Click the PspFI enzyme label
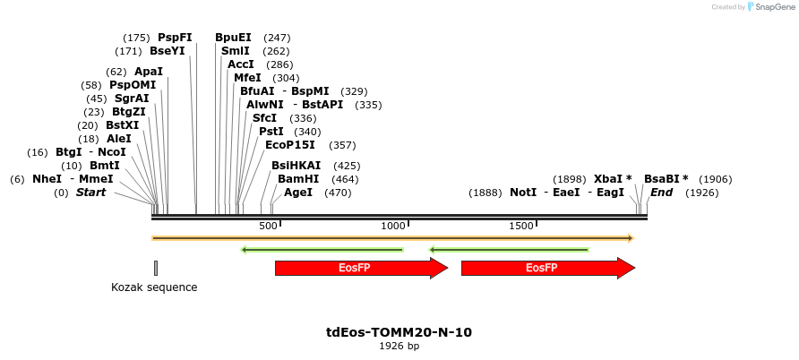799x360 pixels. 175,38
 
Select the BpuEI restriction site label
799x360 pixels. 233,38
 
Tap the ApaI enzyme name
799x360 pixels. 149,72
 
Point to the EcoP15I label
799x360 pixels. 290,145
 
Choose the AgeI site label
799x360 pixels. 298,193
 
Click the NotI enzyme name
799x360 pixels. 523,193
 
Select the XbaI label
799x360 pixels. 609,179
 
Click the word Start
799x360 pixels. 90,193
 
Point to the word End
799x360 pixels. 661,193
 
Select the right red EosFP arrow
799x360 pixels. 547,268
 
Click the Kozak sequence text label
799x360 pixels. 154,287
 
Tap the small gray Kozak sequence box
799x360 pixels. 156,268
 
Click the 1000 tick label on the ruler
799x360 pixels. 394,227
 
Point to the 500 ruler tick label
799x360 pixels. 268,227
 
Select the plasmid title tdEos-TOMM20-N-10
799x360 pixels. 399,332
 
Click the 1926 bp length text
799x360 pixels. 399,346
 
